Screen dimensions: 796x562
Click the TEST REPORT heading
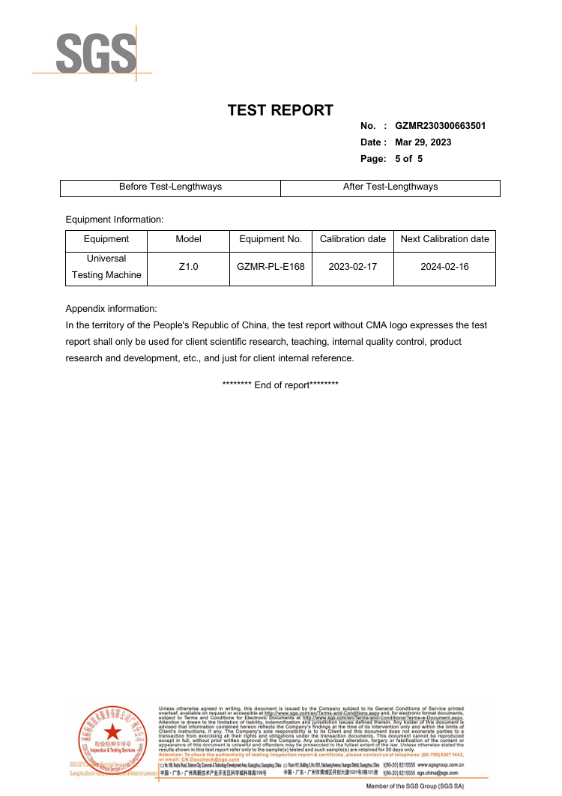280,110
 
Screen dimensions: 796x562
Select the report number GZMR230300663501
440,126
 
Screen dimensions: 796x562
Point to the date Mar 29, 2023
423,142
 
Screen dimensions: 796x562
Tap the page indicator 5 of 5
408,159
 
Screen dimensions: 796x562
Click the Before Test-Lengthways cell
170,187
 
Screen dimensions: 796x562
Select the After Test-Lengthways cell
390,187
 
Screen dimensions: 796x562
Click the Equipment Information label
114,220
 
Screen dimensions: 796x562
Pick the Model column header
188,239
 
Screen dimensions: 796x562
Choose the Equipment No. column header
271,239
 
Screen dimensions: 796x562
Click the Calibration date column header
353,239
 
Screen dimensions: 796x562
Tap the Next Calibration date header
444,239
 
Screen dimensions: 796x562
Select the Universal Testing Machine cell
106,267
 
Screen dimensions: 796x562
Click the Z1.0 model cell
188,267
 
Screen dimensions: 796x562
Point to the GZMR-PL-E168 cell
271,267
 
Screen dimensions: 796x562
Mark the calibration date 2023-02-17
353,267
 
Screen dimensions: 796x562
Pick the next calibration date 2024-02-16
444,267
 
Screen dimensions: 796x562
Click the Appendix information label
111,309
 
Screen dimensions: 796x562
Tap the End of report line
280,385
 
